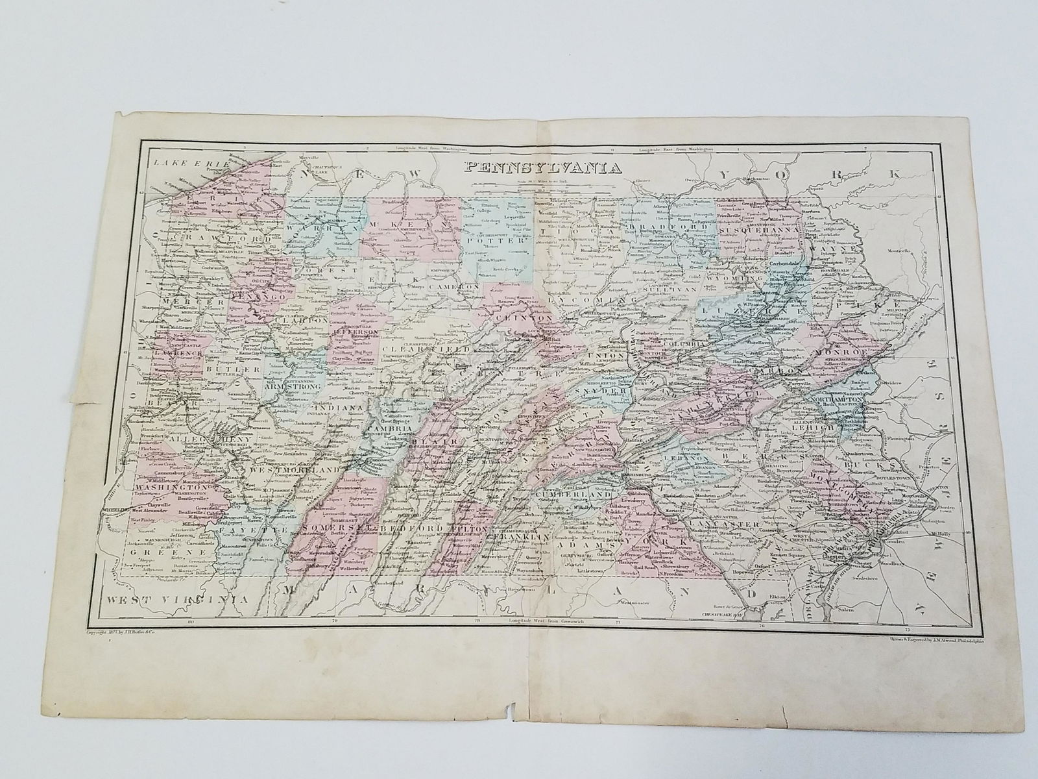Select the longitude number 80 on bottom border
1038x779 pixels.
(190, 622)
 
